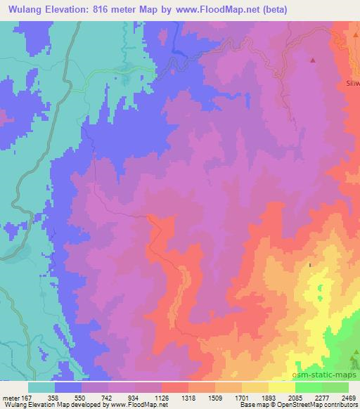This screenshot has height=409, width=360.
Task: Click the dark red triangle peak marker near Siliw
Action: coord(314,60)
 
